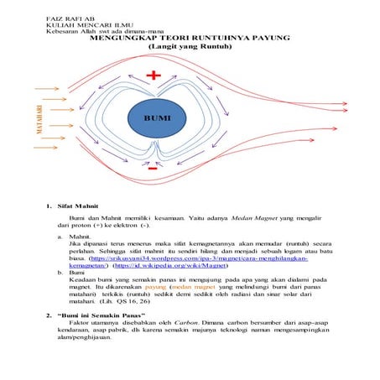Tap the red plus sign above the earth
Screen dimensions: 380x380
pyautogui.click(x=153, y=75)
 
